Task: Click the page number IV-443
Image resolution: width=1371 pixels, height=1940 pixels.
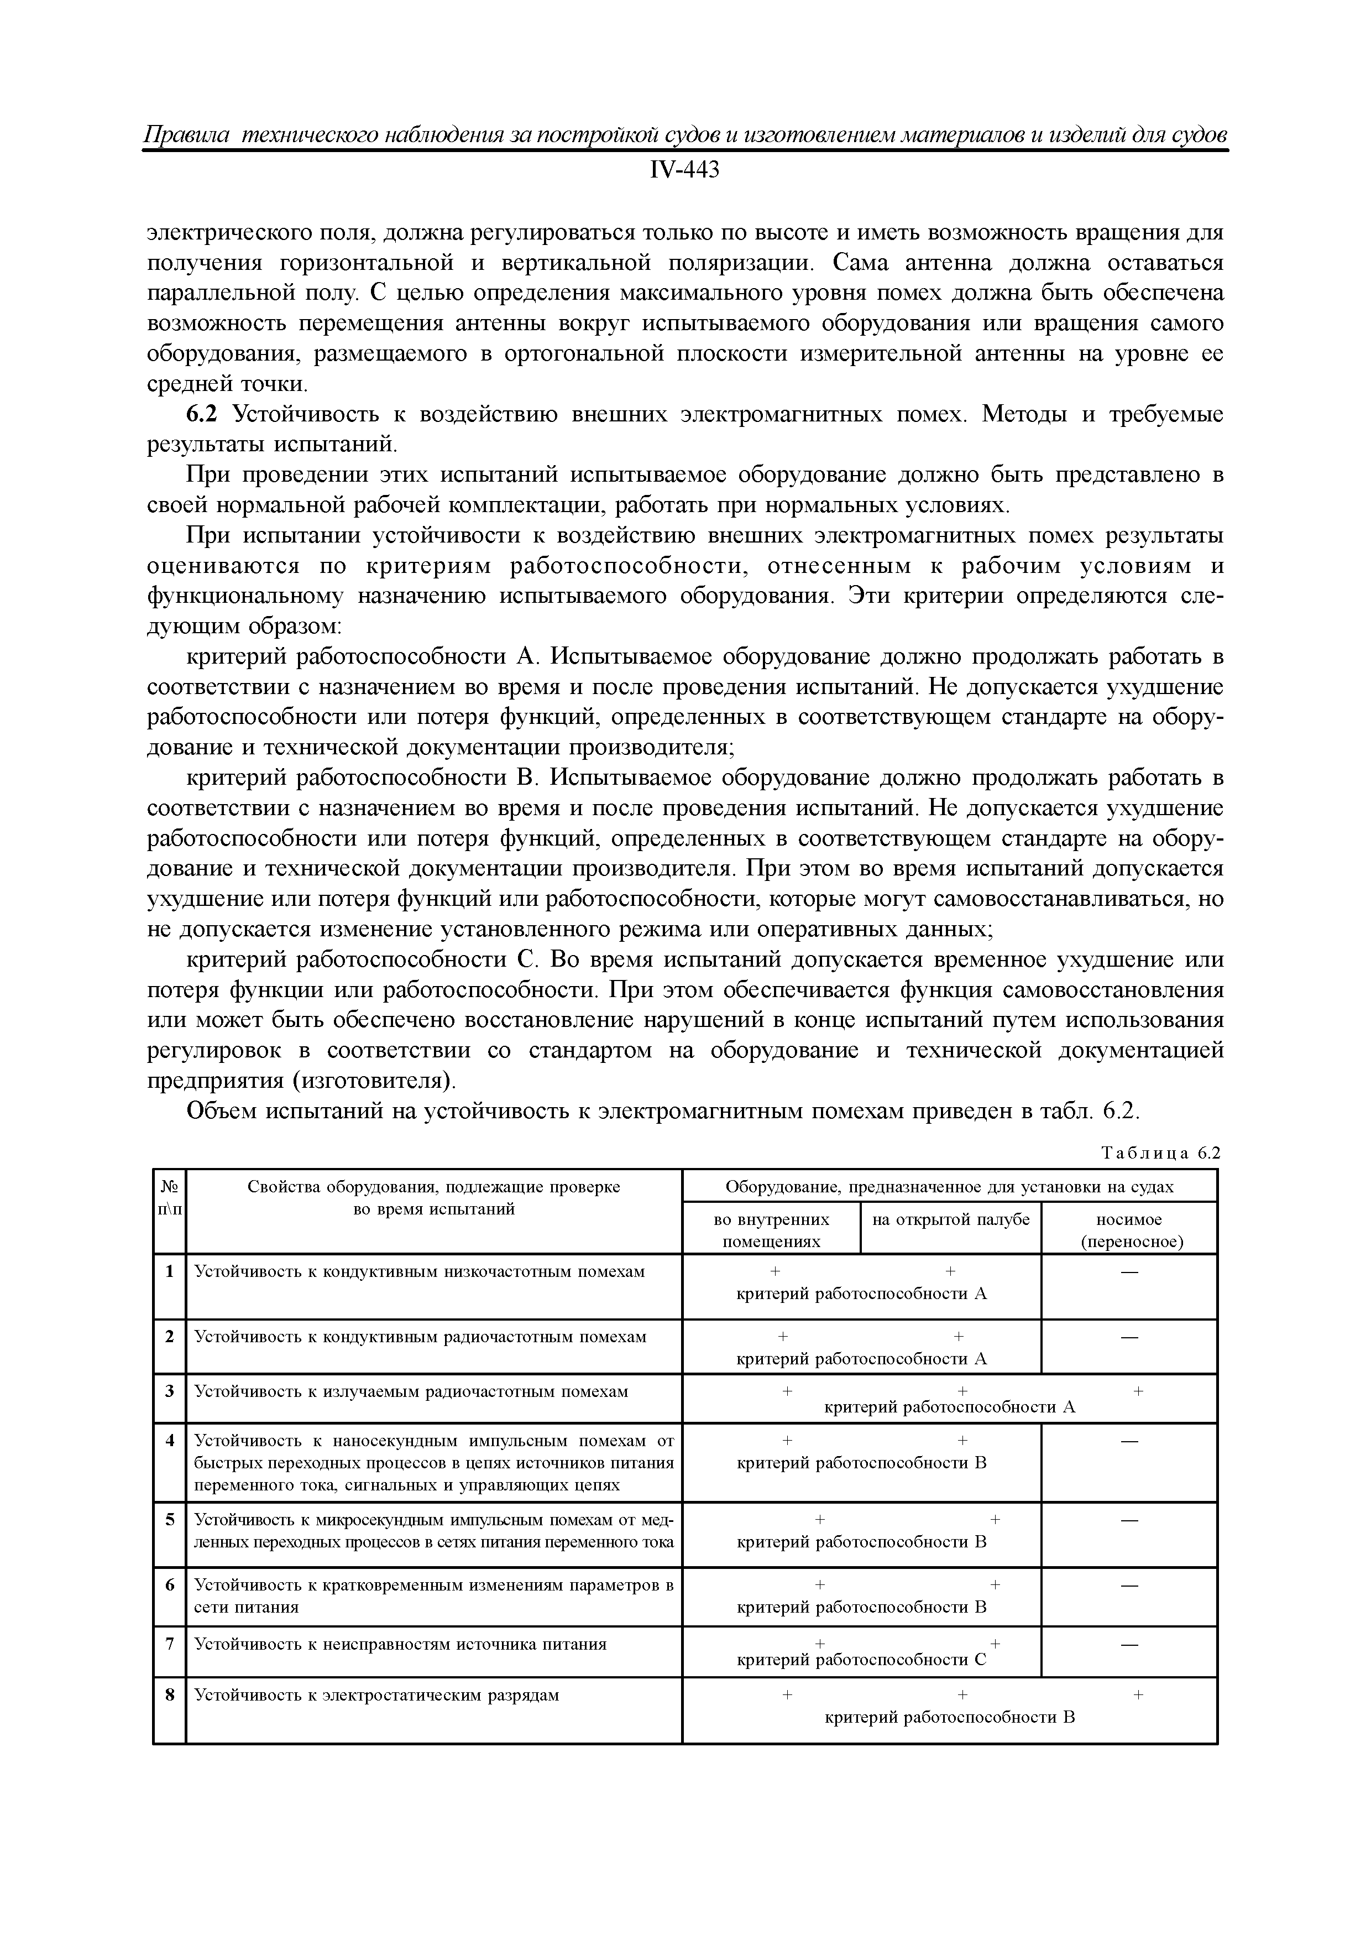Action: coord(684,171)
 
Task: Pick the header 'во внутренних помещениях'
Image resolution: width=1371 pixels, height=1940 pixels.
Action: coord(771,1230)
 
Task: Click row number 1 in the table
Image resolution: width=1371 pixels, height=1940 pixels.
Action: coord(170,1271)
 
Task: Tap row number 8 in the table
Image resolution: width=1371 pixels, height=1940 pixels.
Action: coord(170,1695)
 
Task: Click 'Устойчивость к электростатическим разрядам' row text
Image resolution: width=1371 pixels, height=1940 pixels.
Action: coord(377,1695)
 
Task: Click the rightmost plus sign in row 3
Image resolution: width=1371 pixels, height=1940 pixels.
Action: coord(1138,1390)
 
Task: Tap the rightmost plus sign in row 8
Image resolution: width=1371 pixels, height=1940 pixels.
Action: coord(1138,1695)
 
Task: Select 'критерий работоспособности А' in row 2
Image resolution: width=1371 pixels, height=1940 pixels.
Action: coord(862,1359)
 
